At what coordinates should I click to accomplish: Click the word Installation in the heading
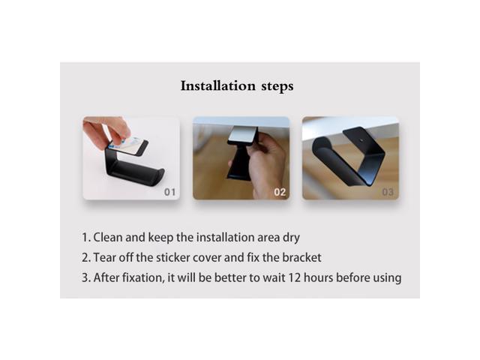[x=218, y=85]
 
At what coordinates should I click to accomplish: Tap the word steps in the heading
[x=277, y=87]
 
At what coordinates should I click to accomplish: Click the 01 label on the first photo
[x=170, y=192]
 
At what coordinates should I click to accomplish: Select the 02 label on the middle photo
[x=280, y=192]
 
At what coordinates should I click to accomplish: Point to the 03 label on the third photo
[x=388, y=192]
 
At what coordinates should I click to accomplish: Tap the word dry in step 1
[x=291, y=238]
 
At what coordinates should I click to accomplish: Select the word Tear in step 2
[x=104, y=258]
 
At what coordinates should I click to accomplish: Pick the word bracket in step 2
[x=301, y=258]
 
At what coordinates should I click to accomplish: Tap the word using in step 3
[x=387, y=279]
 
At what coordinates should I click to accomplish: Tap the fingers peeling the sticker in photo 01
[x=107, y=132]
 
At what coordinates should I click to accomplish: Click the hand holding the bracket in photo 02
[x=265, y=165]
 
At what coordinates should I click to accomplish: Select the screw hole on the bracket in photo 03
[x=361, y=140]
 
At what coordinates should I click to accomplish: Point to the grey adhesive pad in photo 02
[x=243, y=133]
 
